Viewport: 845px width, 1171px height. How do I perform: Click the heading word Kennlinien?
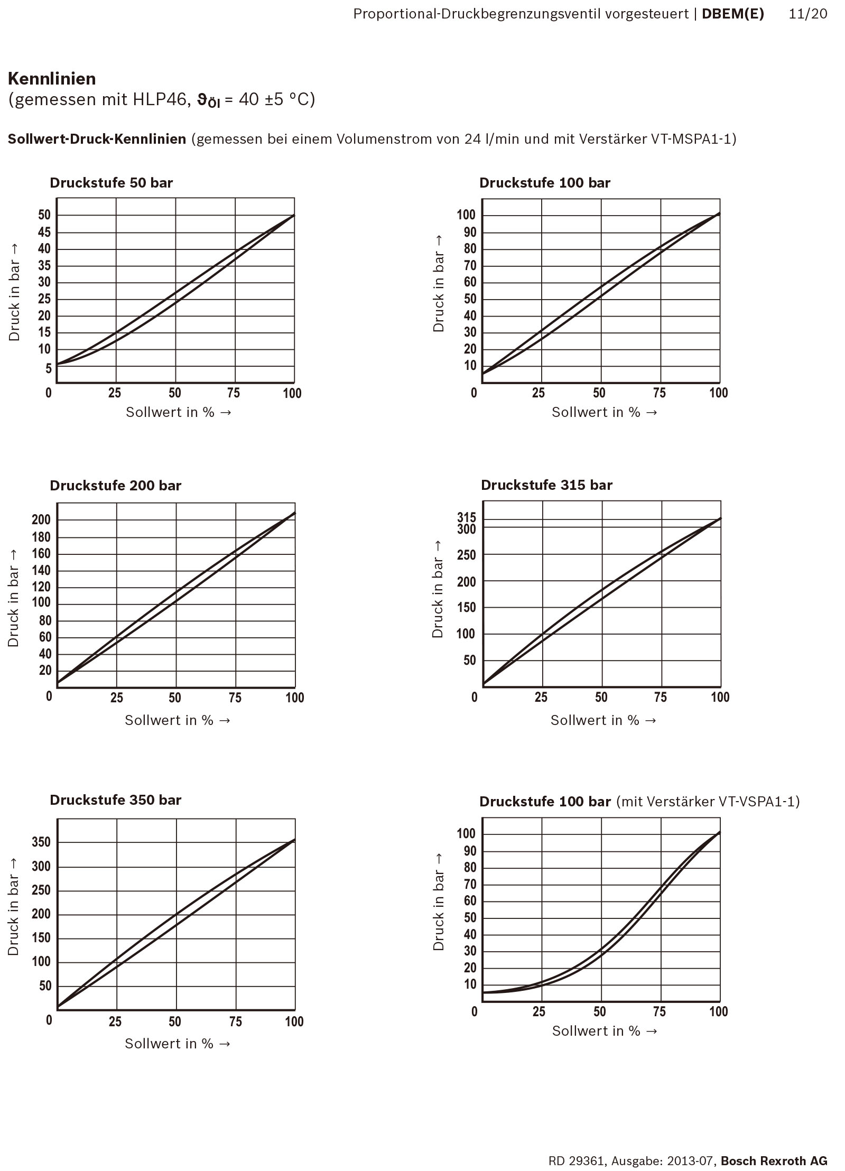[52, 79]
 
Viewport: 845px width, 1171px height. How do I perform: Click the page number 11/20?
[807, 14]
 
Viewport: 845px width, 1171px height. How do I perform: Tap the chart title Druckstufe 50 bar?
[111, 183]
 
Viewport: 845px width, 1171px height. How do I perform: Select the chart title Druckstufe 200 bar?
[115, 486]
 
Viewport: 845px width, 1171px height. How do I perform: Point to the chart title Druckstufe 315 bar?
[546, 485]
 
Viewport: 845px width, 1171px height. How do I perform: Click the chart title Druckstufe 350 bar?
[115, 800]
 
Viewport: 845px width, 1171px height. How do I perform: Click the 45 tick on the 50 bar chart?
[44, 233]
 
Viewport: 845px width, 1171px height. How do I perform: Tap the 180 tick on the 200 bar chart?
[41, 537]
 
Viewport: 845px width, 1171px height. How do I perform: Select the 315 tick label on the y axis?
[467, 517]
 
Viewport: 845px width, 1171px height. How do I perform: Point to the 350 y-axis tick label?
[41, 842]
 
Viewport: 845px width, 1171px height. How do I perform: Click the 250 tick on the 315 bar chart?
[467, 555]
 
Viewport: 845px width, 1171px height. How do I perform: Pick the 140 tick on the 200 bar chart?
[41, 570]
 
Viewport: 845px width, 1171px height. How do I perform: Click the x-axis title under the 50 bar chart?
[179, 412]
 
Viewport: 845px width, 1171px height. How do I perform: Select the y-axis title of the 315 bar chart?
[438, 597]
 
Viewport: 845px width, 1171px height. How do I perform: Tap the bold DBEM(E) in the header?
[732, 14]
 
